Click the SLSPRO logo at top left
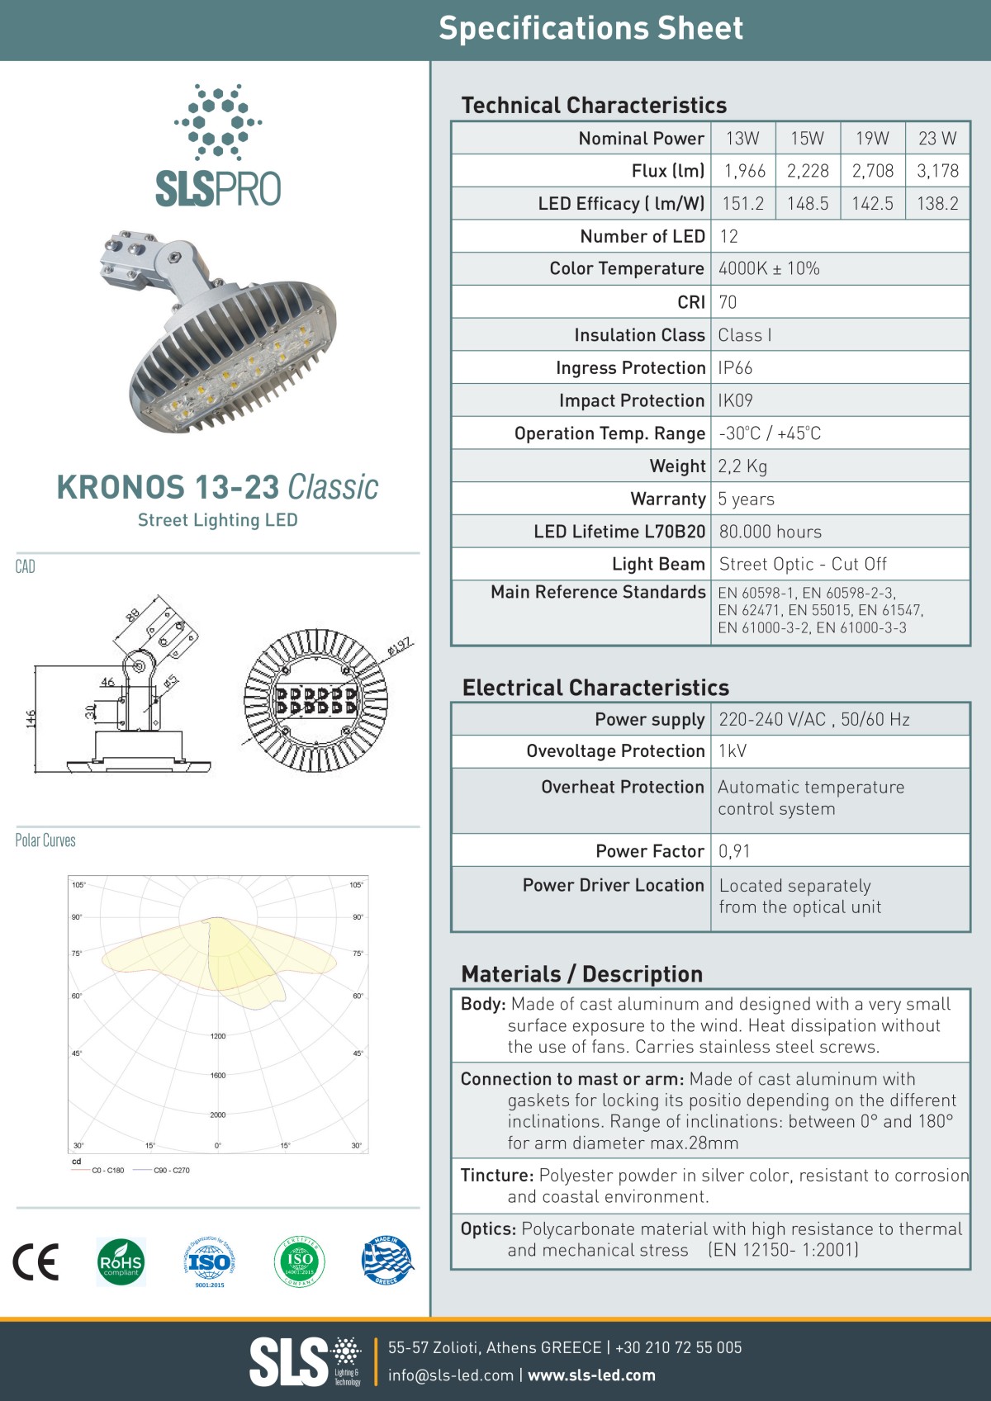pyautogui.click(x=218, y=147)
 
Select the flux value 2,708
pyautogui.click(x=873, y=171)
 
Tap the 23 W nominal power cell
pyautogui.click(x=937, y=138)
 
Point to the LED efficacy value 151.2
pyautogui.click(x=743, y=203)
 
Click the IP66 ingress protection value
pyautogui.click(x=735, y=367)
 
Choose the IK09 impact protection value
pyautogui.click(x=735, y=400)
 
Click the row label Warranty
pyautogui.click(x=667, y=499)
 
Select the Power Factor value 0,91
pyautogui.click(x=734, y=851)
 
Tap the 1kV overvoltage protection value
pyautogui.click(x=733, y=751)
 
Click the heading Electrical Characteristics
pyautogui.click(x=595, y=688)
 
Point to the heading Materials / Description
pyautogui.click(x=581, y=974)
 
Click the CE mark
pyautogui.click(x=36, y=1261)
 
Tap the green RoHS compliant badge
pyautogui.click(x=121, y=1262)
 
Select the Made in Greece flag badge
pyautogui.click(x=386, y=1261)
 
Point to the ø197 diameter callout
pyautogui.click(x=400, y=646)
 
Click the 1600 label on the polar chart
pyautogui.click(x=217, y=1075)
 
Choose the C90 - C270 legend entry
pyautogui.click(x=171, y=1170)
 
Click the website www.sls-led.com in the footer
pyautogui.click(x=591, y=1375)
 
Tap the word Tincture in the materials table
pyautogui.click(x=496, y=1175)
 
